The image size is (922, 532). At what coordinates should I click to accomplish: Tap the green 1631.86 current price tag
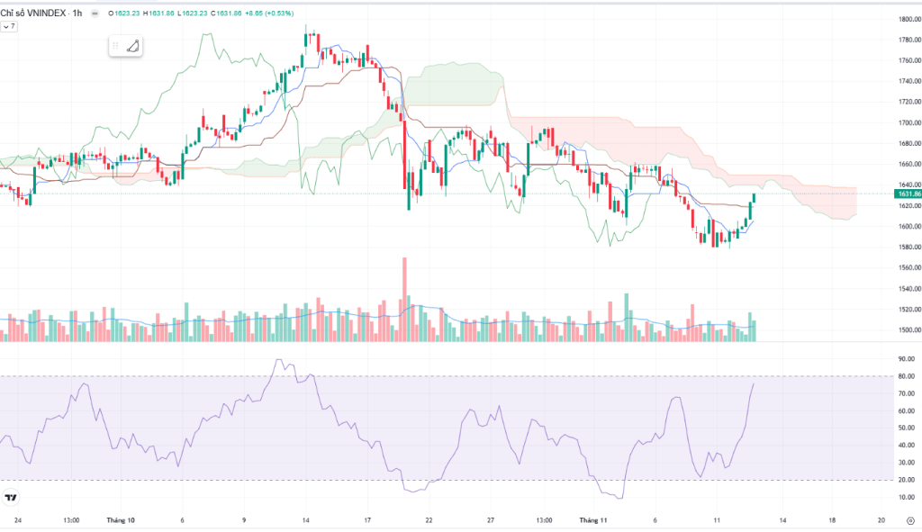(907, 194)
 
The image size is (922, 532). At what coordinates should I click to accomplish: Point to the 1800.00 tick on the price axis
(907, 19)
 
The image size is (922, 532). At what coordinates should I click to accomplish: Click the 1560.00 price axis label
(907, 267)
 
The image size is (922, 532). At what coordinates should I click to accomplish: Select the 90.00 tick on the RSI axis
(905, 359)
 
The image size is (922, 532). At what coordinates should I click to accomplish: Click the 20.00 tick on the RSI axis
(905, 480)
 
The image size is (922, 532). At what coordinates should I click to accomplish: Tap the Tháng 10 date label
(120, 520)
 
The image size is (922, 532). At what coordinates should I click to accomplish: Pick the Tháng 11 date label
(593, 520)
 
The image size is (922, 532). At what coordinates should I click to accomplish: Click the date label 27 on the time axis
(490, 520)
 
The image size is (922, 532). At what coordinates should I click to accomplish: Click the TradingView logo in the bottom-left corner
(12, 498)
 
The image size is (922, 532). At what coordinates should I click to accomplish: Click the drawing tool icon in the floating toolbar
(132, 46)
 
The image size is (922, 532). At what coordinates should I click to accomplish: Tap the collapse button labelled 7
(9, 27)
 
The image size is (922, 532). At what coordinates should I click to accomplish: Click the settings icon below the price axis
(909, 520)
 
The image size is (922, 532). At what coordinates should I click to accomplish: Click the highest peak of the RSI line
(277, 360)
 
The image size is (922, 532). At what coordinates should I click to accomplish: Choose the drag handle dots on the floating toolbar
(115, 46)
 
